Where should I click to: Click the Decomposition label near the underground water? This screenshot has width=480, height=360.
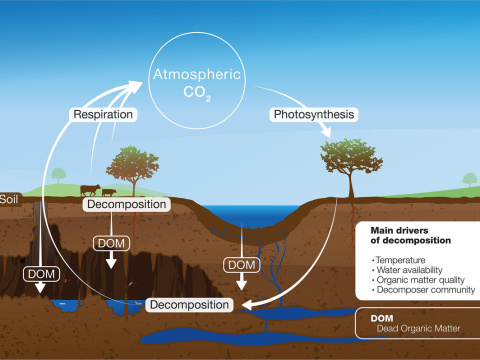(x=191, y=303)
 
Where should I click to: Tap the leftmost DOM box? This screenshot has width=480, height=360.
(x=43, y=272)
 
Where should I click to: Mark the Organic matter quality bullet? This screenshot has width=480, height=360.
(x=414, y=280)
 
